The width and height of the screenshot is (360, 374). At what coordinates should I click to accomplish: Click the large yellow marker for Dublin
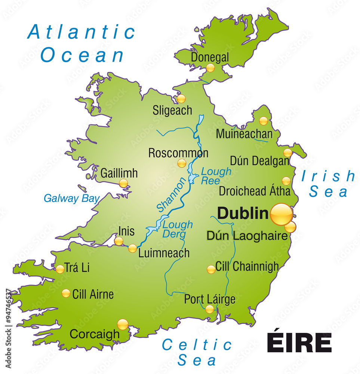tap(281, 214)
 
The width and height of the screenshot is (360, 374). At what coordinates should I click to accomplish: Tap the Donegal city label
tap(210, 57)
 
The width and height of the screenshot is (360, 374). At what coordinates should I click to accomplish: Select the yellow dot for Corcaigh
tap(123, 324)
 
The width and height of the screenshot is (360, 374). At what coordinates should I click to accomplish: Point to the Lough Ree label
tap(216, 176)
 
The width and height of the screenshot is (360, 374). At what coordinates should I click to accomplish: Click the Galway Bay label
tap(71, 198)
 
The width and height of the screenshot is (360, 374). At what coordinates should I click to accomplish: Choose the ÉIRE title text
tap(299, 342)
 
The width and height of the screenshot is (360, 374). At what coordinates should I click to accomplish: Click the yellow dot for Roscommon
tap(182, 163)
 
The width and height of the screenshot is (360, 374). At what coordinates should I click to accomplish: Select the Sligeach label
tap(172, 110)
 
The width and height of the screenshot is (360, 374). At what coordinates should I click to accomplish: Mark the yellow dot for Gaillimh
tap(123, 183)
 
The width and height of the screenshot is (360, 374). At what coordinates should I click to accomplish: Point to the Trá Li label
tap(77, 268)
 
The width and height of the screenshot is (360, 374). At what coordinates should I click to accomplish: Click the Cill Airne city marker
tap(66, 293)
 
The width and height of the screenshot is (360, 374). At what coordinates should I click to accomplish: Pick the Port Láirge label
tap(210, 299)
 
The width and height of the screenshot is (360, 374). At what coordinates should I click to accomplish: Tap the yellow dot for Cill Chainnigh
tap(211, 269)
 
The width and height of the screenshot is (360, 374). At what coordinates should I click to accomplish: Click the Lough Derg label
tap(177, 229)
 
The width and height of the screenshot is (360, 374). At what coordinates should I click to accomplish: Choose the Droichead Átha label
tap(254, 191)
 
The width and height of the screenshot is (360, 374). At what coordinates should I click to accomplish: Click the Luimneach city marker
tap(133, 248)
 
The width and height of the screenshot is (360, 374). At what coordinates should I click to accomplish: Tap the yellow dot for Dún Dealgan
tap(287, 153)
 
